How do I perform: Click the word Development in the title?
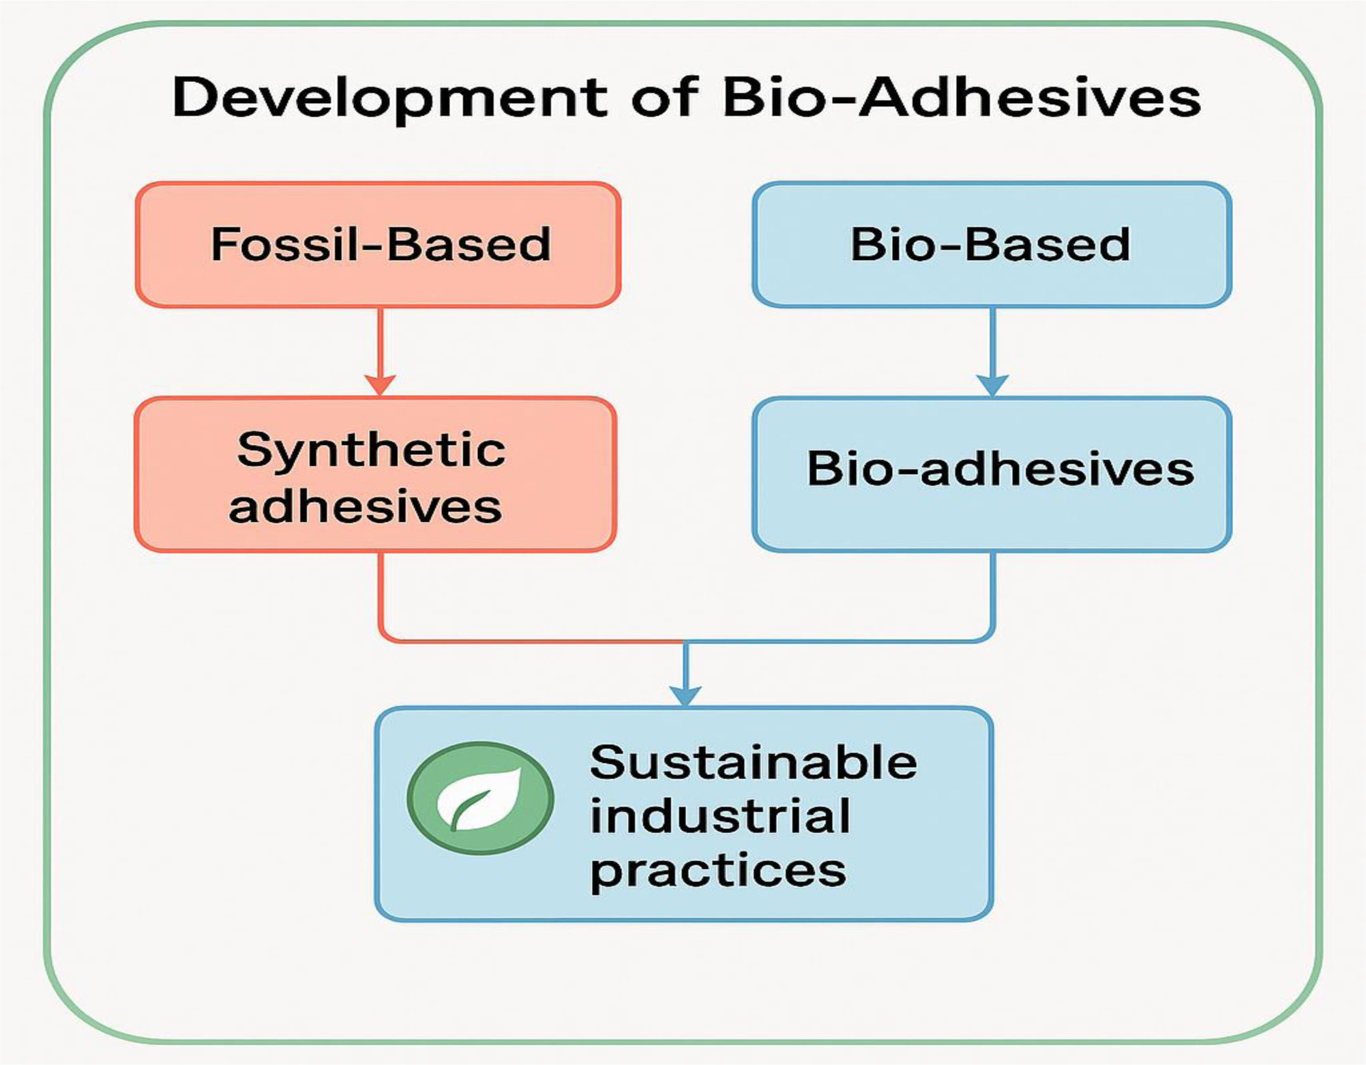pos(389,98)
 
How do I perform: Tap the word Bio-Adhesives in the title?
pos(961,98)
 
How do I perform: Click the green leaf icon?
pos(480,798)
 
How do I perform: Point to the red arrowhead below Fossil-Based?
pos(380,385)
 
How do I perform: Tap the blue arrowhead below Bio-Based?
pos(992,385)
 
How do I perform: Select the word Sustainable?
pos(753,762)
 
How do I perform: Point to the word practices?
pos(717,871)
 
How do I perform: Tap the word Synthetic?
pos(371,450)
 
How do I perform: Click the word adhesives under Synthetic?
pos(365,507)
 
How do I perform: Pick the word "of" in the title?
pos(664,98)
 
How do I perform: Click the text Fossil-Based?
pos(380,244)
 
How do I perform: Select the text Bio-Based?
pos(990,244)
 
